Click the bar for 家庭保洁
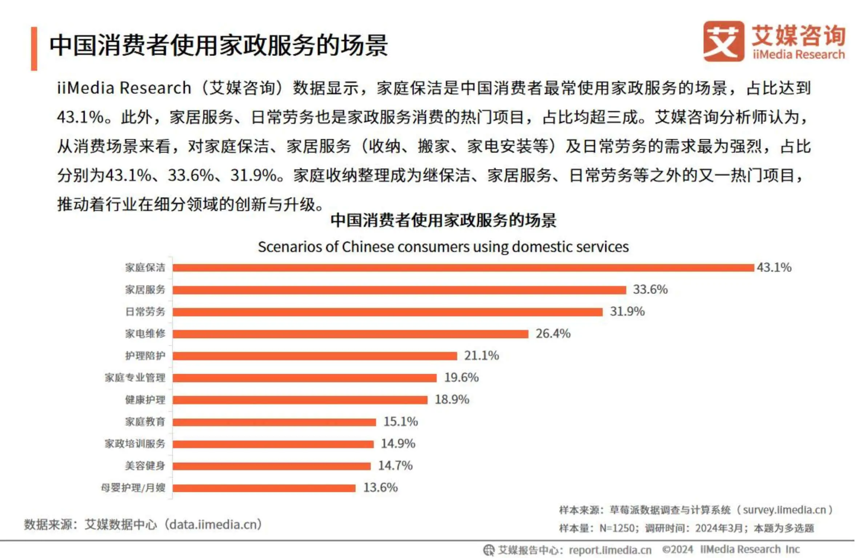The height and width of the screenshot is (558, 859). (463, 268)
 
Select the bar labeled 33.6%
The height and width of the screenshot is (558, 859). (399, 290)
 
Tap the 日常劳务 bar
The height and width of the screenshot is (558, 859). (387, 312)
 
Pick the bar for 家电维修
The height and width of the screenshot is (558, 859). (350, 334)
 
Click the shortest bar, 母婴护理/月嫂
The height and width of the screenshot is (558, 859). (264, 488)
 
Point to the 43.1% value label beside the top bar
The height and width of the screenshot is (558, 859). (774, 268)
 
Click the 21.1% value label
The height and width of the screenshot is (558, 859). (481, 356)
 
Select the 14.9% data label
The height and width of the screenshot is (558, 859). (398, 444)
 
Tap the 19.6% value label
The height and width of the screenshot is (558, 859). (461, 378)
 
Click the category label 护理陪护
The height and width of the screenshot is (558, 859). (145, 356)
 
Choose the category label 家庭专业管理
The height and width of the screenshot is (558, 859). (135, 378)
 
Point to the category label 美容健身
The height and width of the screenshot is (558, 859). (145, 466)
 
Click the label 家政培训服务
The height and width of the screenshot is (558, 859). (135, 444)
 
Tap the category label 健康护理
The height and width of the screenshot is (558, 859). (145, 400)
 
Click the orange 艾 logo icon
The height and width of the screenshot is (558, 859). (723, 41)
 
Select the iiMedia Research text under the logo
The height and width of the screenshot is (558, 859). (799, 55)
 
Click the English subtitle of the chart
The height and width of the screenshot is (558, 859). (443, 247)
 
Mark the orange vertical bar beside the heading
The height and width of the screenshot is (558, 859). (34, 48)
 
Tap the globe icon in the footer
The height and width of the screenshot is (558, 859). (488, 550)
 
